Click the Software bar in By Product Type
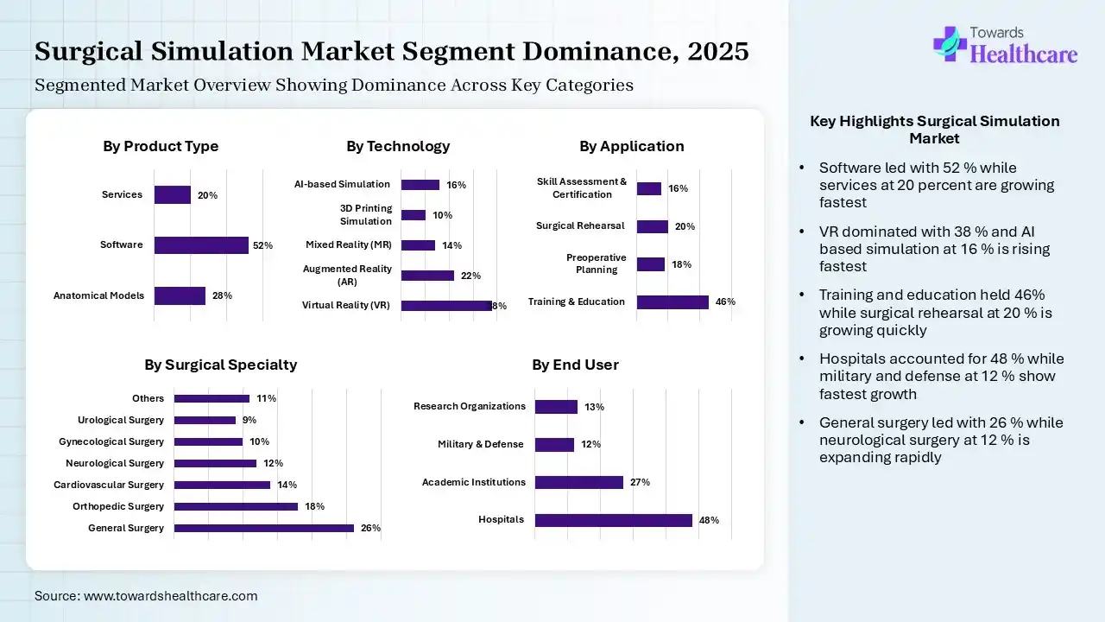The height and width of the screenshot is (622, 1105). coord(201,245)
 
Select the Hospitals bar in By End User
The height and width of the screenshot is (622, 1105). coord(613,520)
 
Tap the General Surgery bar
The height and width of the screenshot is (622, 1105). coord(263,528)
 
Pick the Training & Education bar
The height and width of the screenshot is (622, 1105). coord(672,301)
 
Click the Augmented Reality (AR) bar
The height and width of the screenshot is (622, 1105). coord(427,276)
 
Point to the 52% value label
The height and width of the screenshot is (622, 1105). coord(262,246)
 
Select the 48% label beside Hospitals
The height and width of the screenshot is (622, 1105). coord(709,520)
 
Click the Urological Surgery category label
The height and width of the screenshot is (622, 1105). coord(121,420)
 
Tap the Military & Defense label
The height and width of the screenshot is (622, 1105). coord(480,444)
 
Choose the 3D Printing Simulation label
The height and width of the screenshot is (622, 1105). coord(366,215)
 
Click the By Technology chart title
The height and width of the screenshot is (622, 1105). coord(398,146)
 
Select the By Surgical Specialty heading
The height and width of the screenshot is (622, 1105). coord(220,365)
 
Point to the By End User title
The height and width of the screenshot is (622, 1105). coord(575,365)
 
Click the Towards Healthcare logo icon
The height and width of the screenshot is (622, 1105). coord(949,43)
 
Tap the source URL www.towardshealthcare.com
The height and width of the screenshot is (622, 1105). coord(170,596)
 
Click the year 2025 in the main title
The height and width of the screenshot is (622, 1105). coord(718,52)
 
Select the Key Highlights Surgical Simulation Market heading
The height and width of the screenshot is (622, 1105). coord(934,130)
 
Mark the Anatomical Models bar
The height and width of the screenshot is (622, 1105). coord(180,295)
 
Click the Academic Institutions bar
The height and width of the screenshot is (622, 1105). coord(578,482)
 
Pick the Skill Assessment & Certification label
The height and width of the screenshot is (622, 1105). coord(582,188)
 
